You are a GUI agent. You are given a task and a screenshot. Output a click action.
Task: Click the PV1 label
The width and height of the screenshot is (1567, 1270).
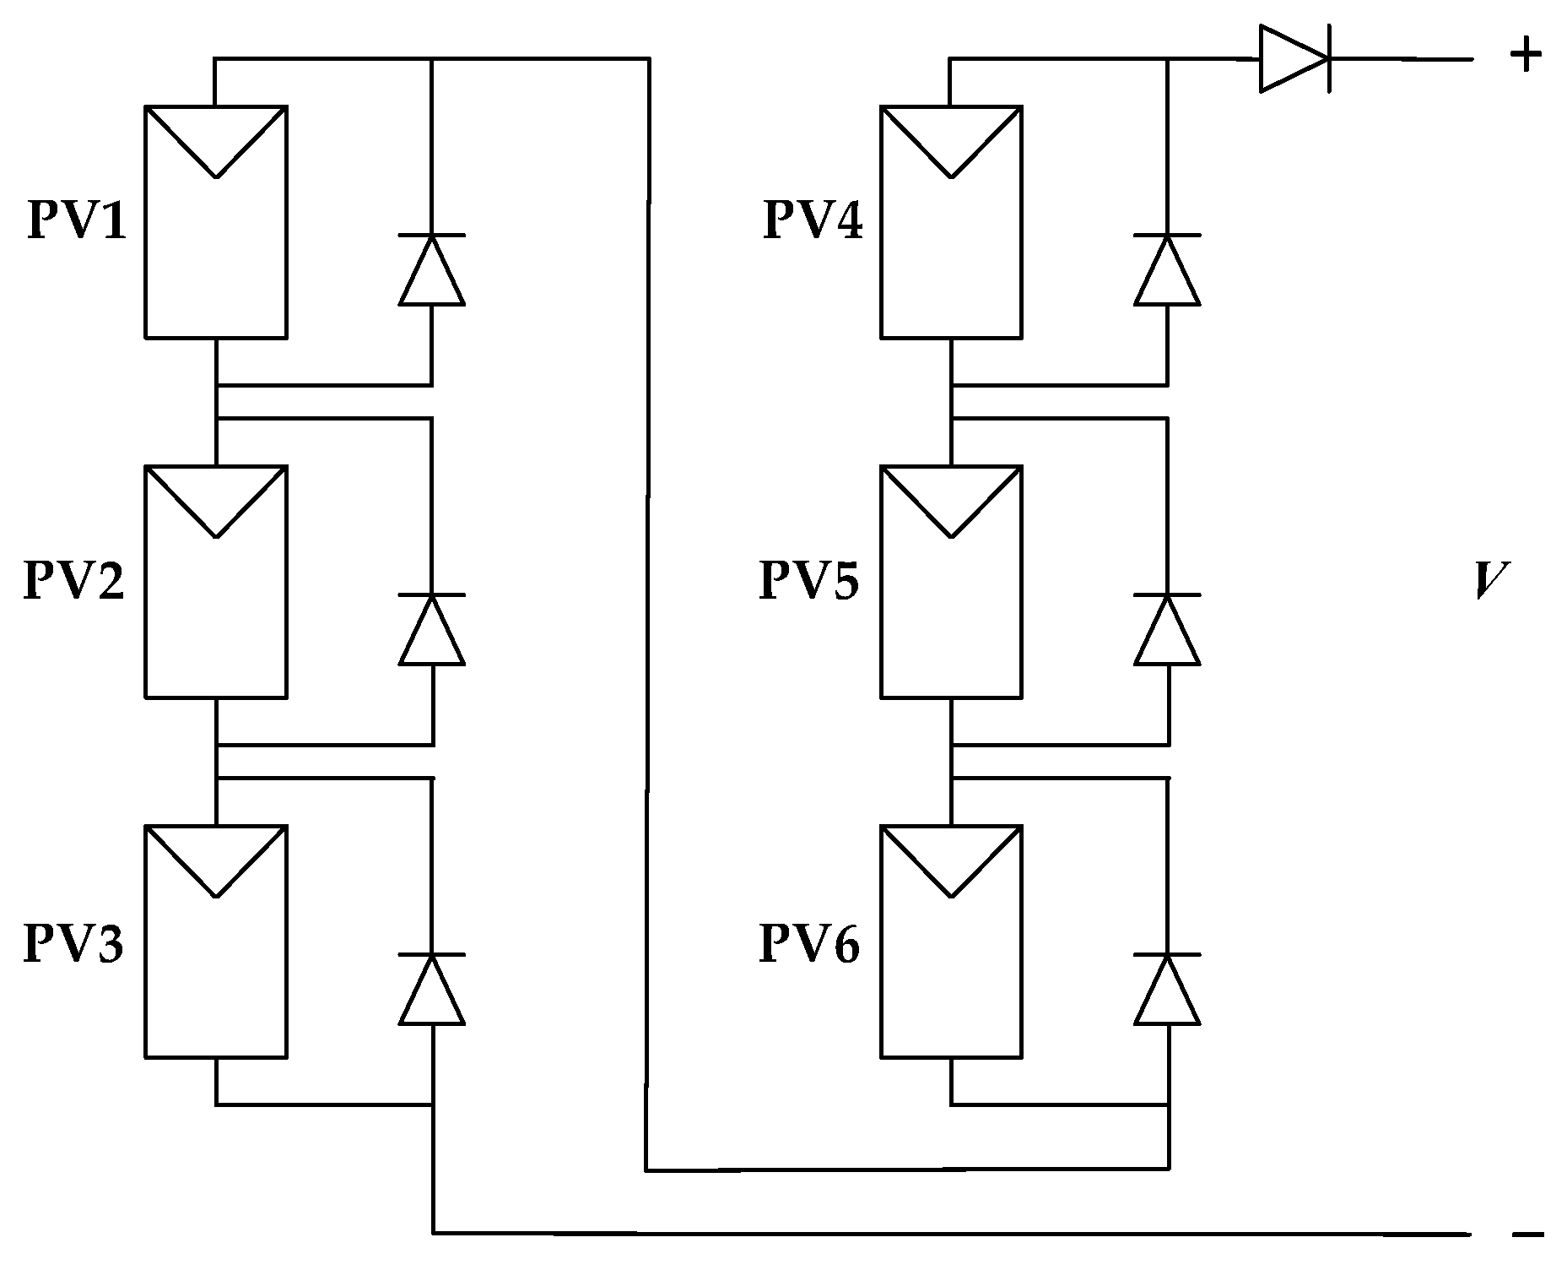[77, 221]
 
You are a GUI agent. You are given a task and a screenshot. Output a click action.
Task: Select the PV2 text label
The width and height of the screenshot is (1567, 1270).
[74, 581]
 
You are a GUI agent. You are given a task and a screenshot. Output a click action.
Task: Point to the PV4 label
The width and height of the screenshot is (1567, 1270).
[813, 221]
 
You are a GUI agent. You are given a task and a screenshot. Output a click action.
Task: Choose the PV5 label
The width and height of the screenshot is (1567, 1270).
[809, 581]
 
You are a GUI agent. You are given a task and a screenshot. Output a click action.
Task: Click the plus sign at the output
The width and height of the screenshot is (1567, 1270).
[1526, 56]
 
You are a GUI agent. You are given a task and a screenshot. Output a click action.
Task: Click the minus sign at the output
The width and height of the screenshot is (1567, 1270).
[1528, 1235]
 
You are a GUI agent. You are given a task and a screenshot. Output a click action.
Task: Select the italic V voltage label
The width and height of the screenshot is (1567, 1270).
[1491, 581]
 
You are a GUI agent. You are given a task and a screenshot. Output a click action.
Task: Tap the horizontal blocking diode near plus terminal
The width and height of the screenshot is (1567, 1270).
[1294, 59]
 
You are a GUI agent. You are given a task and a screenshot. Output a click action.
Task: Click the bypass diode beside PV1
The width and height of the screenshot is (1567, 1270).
[432, 269]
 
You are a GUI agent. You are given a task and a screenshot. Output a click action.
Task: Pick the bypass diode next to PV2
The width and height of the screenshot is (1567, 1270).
[432, 629]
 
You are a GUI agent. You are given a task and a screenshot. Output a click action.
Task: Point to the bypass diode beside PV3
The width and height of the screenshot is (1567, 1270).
[432, 989]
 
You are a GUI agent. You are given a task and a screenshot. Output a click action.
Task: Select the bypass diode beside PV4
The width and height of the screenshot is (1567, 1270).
[1168, 269]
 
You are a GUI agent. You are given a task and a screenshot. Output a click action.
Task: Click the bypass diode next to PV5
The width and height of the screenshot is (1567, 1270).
[1168, 629]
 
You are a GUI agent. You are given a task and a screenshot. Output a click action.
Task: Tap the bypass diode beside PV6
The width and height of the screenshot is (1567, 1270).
[1168, 989]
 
